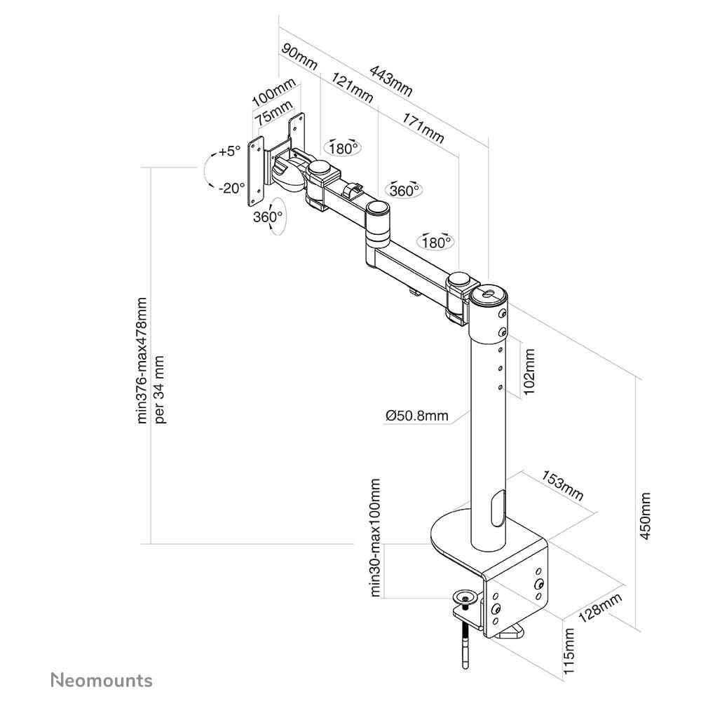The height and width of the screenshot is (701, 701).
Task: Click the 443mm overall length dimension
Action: [x=390, y=81]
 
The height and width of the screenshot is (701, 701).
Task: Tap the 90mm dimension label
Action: [x=299, y=57]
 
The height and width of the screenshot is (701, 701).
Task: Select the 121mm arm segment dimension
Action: [x=352, y=88]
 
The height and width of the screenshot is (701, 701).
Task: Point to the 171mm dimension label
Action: [x=423, y=128]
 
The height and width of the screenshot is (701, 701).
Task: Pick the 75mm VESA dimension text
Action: [x=273, y=113]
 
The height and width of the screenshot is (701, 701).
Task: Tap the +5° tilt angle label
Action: [x=229, y=151]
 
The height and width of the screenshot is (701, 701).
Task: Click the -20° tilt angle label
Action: [x=231, y=188]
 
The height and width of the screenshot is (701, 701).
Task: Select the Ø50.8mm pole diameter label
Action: [x=416, y=416]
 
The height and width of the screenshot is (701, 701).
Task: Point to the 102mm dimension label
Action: [x=529, y=372]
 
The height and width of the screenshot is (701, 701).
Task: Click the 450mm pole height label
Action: [x=645, y=515]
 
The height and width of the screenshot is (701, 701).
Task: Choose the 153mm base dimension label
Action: [x=562, y=486]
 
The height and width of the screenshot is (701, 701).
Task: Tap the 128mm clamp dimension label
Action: [x=601, y=608]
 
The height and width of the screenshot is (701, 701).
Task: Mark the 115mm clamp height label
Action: [x=569, y=651]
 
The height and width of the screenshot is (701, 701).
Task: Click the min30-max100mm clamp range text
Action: [x=375, y=538]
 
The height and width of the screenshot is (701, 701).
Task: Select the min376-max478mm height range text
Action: [x=142, y=360]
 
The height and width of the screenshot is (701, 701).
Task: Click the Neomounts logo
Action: [x=102, y=681]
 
